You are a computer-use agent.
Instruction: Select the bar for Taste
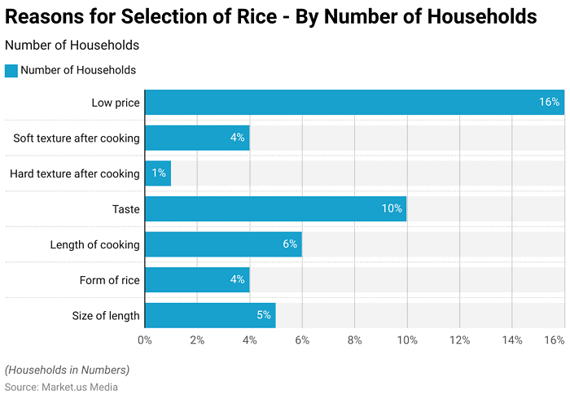(x=275, y=209)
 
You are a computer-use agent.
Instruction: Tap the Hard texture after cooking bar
(x=158, y=173)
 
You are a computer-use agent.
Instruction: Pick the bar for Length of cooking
(x=223, y=244)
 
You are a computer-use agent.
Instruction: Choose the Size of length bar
(x=210, y=315)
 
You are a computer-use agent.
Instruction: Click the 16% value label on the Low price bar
(x=549, y=103)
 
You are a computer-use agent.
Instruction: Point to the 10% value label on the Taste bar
(x=392, y=209)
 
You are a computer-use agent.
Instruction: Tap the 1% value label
(x=158, y=173)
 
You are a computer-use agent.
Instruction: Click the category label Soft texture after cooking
(x=77, y=138)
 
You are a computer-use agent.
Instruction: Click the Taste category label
(x=126, y=209)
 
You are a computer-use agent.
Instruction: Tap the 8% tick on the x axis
(x=354, y=340)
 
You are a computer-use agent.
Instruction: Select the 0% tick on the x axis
(x=145, y=340)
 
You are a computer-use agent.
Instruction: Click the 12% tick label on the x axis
(x=459, y=340)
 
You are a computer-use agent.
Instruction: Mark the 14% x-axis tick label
(x=511, y=340)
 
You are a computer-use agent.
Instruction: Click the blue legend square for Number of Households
(x=11, y=71)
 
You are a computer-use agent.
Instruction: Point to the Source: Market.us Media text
(x=61, y=387)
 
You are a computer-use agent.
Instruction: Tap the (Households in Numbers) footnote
(x=67, y=370)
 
